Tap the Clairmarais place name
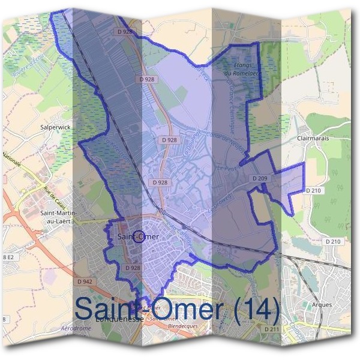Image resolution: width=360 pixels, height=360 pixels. [x=313, y=138]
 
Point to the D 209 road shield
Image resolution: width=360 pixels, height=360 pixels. [x=259, y=179]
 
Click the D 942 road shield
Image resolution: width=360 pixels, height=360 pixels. [x=85, y=281]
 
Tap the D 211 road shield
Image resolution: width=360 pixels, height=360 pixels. [x=271, y=329]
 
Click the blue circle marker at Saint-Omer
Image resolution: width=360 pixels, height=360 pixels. [x=139, y=237]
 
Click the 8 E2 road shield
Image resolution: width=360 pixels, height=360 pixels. [x=8, y=257]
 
